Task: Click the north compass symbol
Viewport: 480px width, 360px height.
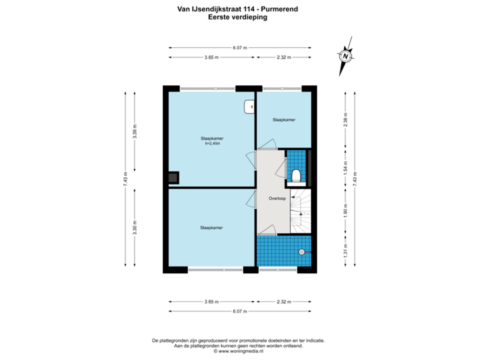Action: pyautogui.click(x=345, y=56)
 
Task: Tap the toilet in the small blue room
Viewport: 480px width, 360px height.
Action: pyautogui.click(x=297, y=175)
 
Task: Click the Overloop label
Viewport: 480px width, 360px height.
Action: pyautogui.click(x=277, y=199)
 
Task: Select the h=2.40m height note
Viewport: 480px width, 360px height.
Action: pyautogui.click(x=211, y=143)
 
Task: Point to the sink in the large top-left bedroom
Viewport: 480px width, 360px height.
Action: pyautogui.click(x=249, y=105)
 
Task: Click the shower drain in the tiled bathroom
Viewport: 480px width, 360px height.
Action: pyautogui.click(x=301, y=251)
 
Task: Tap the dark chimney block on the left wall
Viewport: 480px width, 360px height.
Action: pyautogui.click(x=172, y=177)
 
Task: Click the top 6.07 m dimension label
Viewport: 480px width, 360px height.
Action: pyautogui.click(x=239, y=47)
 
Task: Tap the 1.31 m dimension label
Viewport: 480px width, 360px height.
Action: pyautogui.click(x=345, y=253)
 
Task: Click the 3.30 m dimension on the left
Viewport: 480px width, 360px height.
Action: pyautogui.click(x=135, y=226)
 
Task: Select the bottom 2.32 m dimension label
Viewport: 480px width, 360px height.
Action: pyautogui.click(x=283, y=302)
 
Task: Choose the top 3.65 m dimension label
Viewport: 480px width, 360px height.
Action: pyautogui.click(x=211, y=57)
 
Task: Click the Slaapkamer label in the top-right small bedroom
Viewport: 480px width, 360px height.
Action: pyautogui.click(x=283, y=119)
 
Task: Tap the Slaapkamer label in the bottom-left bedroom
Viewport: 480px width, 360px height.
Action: pyautogui.click(x=211, y=227)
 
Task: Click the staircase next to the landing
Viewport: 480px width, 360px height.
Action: pyautogui.click(x=301, y=211)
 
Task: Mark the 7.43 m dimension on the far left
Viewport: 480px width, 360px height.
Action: pyautogui.click(x=125, y=180)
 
